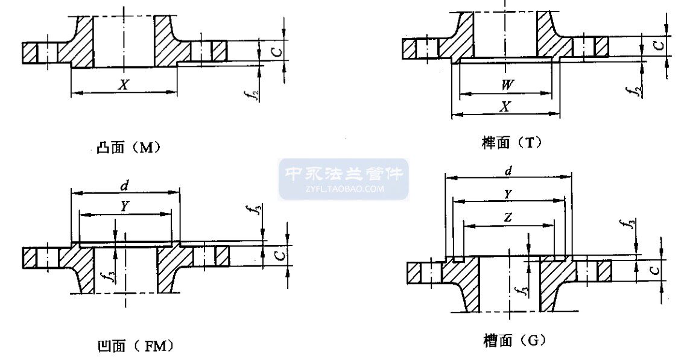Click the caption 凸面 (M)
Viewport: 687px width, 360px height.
tap(128, 148)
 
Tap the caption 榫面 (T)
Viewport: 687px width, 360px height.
tap(511, 142)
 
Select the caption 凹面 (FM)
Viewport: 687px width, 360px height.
tap(135, 346)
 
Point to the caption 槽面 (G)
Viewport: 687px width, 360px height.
tap(514, 340)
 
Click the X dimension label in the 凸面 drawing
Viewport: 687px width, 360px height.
tap(124, 84)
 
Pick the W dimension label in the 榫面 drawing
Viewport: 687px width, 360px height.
tap(507, 84)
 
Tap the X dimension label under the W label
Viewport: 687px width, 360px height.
tap(505, 107)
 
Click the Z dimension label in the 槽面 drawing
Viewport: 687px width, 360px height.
tap(508, 217)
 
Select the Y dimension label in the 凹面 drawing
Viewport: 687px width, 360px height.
tap(125, 206)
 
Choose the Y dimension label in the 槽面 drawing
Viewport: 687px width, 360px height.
tap(508, 194)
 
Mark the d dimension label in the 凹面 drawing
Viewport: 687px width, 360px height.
tap(125, 186)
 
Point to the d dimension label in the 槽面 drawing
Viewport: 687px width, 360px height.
tap(508, 171)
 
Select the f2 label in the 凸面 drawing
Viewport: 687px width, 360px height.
tap(253, 93)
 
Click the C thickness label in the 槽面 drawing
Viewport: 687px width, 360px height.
tap(654, 270)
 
